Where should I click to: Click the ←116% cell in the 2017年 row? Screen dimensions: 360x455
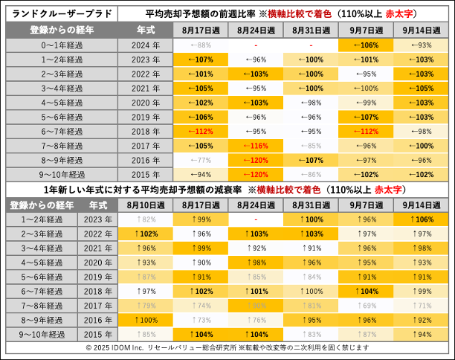pyautogui.click(x=254, y=146)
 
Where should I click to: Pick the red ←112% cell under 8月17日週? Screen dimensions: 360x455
pyautogui.click(x=199, y=132)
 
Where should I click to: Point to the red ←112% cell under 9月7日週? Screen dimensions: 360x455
pyautogui.click(x=366, y=132)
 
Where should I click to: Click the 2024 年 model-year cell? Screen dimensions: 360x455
pyautogui.click(x=146, y=45)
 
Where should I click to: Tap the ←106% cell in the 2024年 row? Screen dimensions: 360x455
pyautogui.click(x=366, y=45)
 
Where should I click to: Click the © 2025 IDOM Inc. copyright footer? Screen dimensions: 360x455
pyautogui.click(x=227, y=347)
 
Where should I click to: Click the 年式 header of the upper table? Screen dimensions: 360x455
pyautogui.click(x=146, y=30)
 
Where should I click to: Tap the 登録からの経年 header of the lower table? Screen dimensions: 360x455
pyautogui.click(x=42, y=205)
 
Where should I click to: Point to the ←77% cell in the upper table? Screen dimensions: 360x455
pyautogui.click(x=199, y=160)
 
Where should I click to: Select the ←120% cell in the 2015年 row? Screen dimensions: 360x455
pyautogui.click(x=254, y=175)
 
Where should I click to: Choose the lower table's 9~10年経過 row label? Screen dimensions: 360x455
pyautogui.click(x=42, y=334)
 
